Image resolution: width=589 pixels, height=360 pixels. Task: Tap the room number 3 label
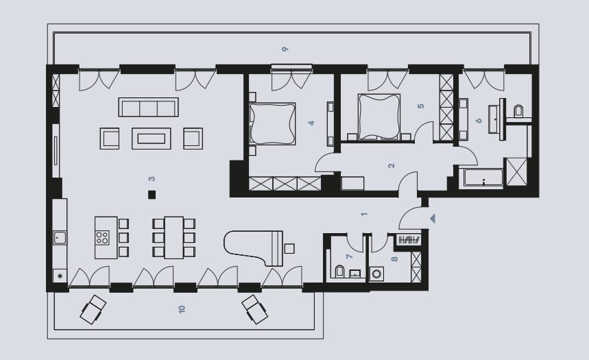[152, 179]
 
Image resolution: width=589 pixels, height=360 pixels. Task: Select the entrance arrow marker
[433, 218]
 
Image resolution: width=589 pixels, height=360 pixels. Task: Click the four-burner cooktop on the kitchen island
[102, 238]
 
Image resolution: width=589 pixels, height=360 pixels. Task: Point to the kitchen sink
[60, 238]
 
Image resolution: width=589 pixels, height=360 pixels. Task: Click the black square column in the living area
[152, 195]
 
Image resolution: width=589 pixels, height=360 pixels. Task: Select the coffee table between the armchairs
[152, 139]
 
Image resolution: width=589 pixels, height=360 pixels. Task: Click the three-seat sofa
[148, 107]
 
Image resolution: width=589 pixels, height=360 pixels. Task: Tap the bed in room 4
[273, 123]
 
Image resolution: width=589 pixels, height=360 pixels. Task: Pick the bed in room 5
[378, 117]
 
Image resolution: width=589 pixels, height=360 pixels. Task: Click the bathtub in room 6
[483, 178]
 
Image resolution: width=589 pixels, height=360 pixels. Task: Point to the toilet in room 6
[519, 111]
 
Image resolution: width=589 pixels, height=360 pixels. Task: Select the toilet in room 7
[339, 272]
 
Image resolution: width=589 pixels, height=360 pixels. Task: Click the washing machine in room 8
[376, 274]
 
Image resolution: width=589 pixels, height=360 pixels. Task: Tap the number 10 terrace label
[182, 310]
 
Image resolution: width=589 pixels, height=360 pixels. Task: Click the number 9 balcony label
[285, 49]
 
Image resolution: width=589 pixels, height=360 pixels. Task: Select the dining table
[174, 237]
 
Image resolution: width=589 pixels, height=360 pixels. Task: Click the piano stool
[289, 248]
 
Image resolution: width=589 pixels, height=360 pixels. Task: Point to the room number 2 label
[392, 165]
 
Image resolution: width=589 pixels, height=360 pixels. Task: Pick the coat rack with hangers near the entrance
[409, 240]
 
